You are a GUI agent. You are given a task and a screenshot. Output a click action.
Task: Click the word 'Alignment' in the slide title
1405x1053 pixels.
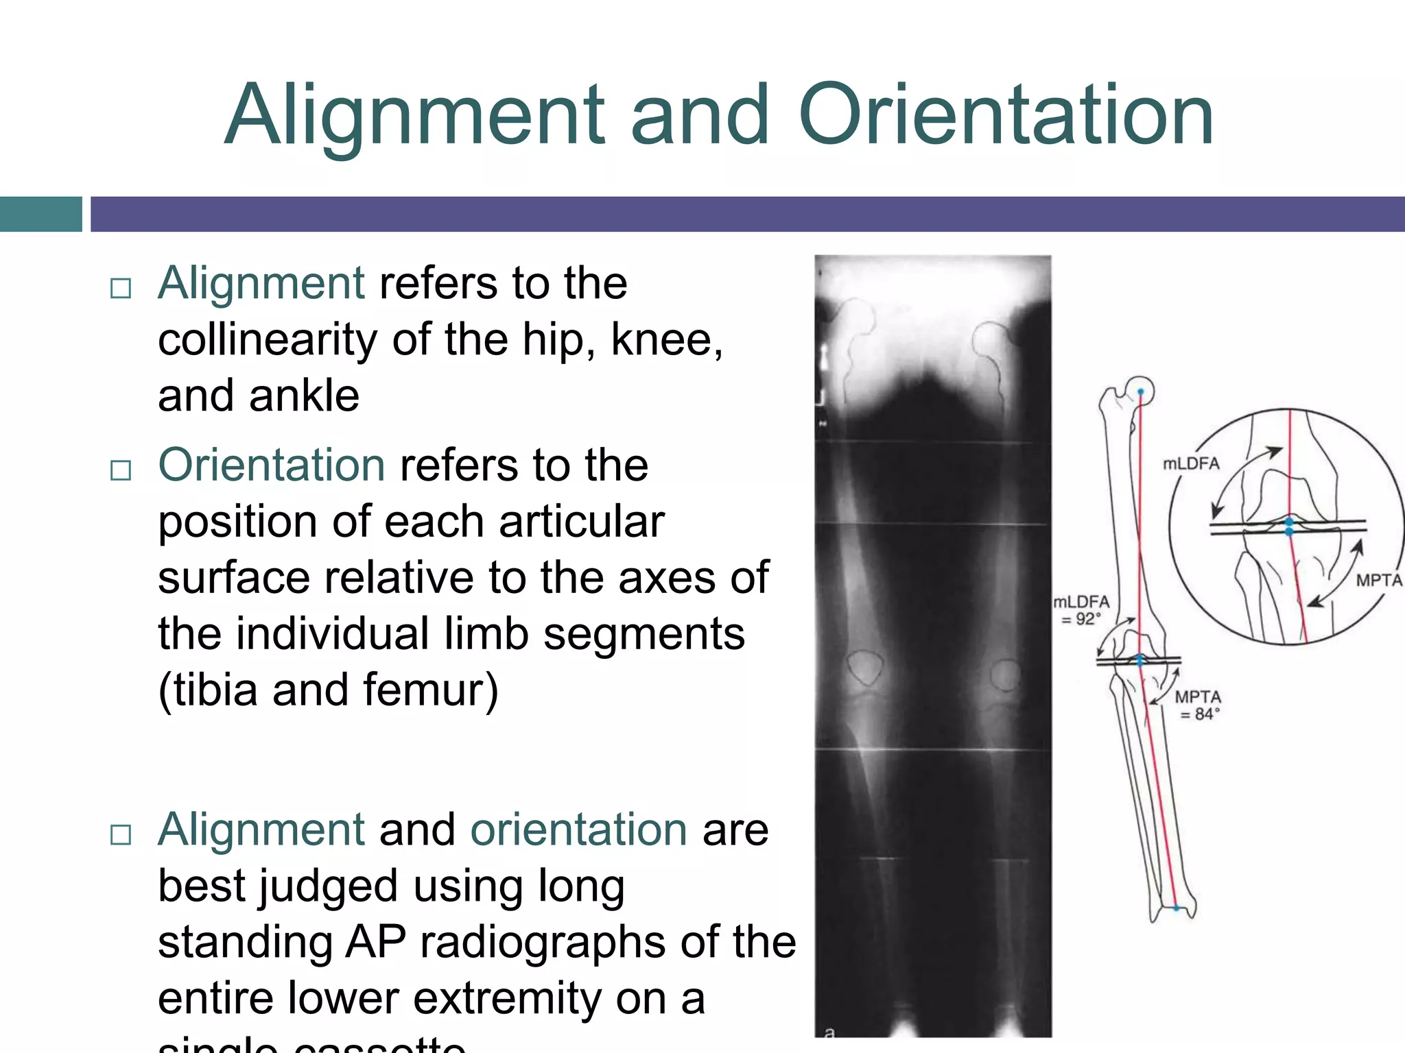[414, 117]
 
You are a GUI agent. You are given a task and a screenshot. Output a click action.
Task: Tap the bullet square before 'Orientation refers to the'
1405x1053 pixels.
[121, 470]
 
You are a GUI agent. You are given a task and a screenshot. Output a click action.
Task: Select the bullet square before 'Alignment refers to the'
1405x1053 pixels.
[121, 288]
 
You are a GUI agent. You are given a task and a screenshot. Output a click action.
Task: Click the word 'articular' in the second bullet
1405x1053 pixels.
[582, 522]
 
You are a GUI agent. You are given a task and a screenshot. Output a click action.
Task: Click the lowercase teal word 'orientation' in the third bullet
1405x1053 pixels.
[578, 830]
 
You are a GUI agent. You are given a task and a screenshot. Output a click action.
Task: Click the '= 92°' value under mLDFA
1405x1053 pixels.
[1081, 619]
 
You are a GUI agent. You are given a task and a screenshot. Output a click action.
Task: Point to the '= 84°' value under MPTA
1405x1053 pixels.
[1200, 714]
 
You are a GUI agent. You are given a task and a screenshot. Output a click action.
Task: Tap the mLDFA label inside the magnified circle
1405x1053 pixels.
[1191, 464]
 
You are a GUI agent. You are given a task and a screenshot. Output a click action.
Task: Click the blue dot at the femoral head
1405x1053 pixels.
[1141, 392]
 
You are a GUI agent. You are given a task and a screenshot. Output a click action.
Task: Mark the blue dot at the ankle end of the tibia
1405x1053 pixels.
[1176, 908]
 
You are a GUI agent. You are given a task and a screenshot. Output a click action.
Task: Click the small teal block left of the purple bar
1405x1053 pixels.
[40, 214]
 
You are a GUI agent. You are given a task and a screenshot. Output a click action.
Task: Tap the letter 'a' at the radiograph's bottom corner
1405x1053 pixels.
[829, 1032]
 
